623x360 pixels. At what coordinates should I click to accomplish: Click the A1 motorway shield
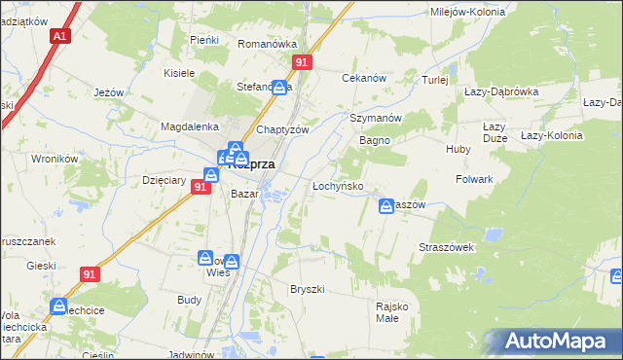tap(60, 36)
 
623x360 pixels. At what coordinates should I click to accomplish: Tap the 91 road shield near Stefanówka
tap(302, 61)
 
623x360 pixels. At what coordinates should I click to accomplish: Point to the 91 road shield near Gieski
tap(91, 275)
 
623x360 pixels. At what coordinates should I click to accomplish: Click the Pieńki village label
tap(204, 39)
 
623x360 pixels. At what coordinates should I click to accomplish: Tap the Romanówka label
tap(267, 44)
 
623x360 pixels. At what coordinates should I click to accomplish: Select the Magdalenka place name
tap(189, 126)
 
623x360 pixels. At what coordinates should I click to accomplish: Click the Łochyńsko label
tap(338, 185)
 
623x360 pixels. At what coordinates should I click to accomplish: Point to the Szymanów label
tap(376, 118)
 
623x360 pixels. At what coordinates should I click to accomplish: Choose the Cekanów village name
tap(364, 78)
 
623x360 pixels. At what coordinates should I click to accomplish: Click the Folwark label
tap(475, 180)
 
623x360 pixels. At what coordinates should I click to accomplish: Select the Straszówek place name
tap(446, 247)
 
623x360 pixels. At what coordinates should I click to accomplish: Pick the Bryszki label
tap(307, 290)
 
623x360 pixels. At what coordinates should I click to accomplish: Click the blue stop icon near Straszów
tap(385, 206)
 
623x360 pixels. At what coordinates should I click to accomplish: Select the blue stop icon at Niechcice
tap(58, 306)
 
